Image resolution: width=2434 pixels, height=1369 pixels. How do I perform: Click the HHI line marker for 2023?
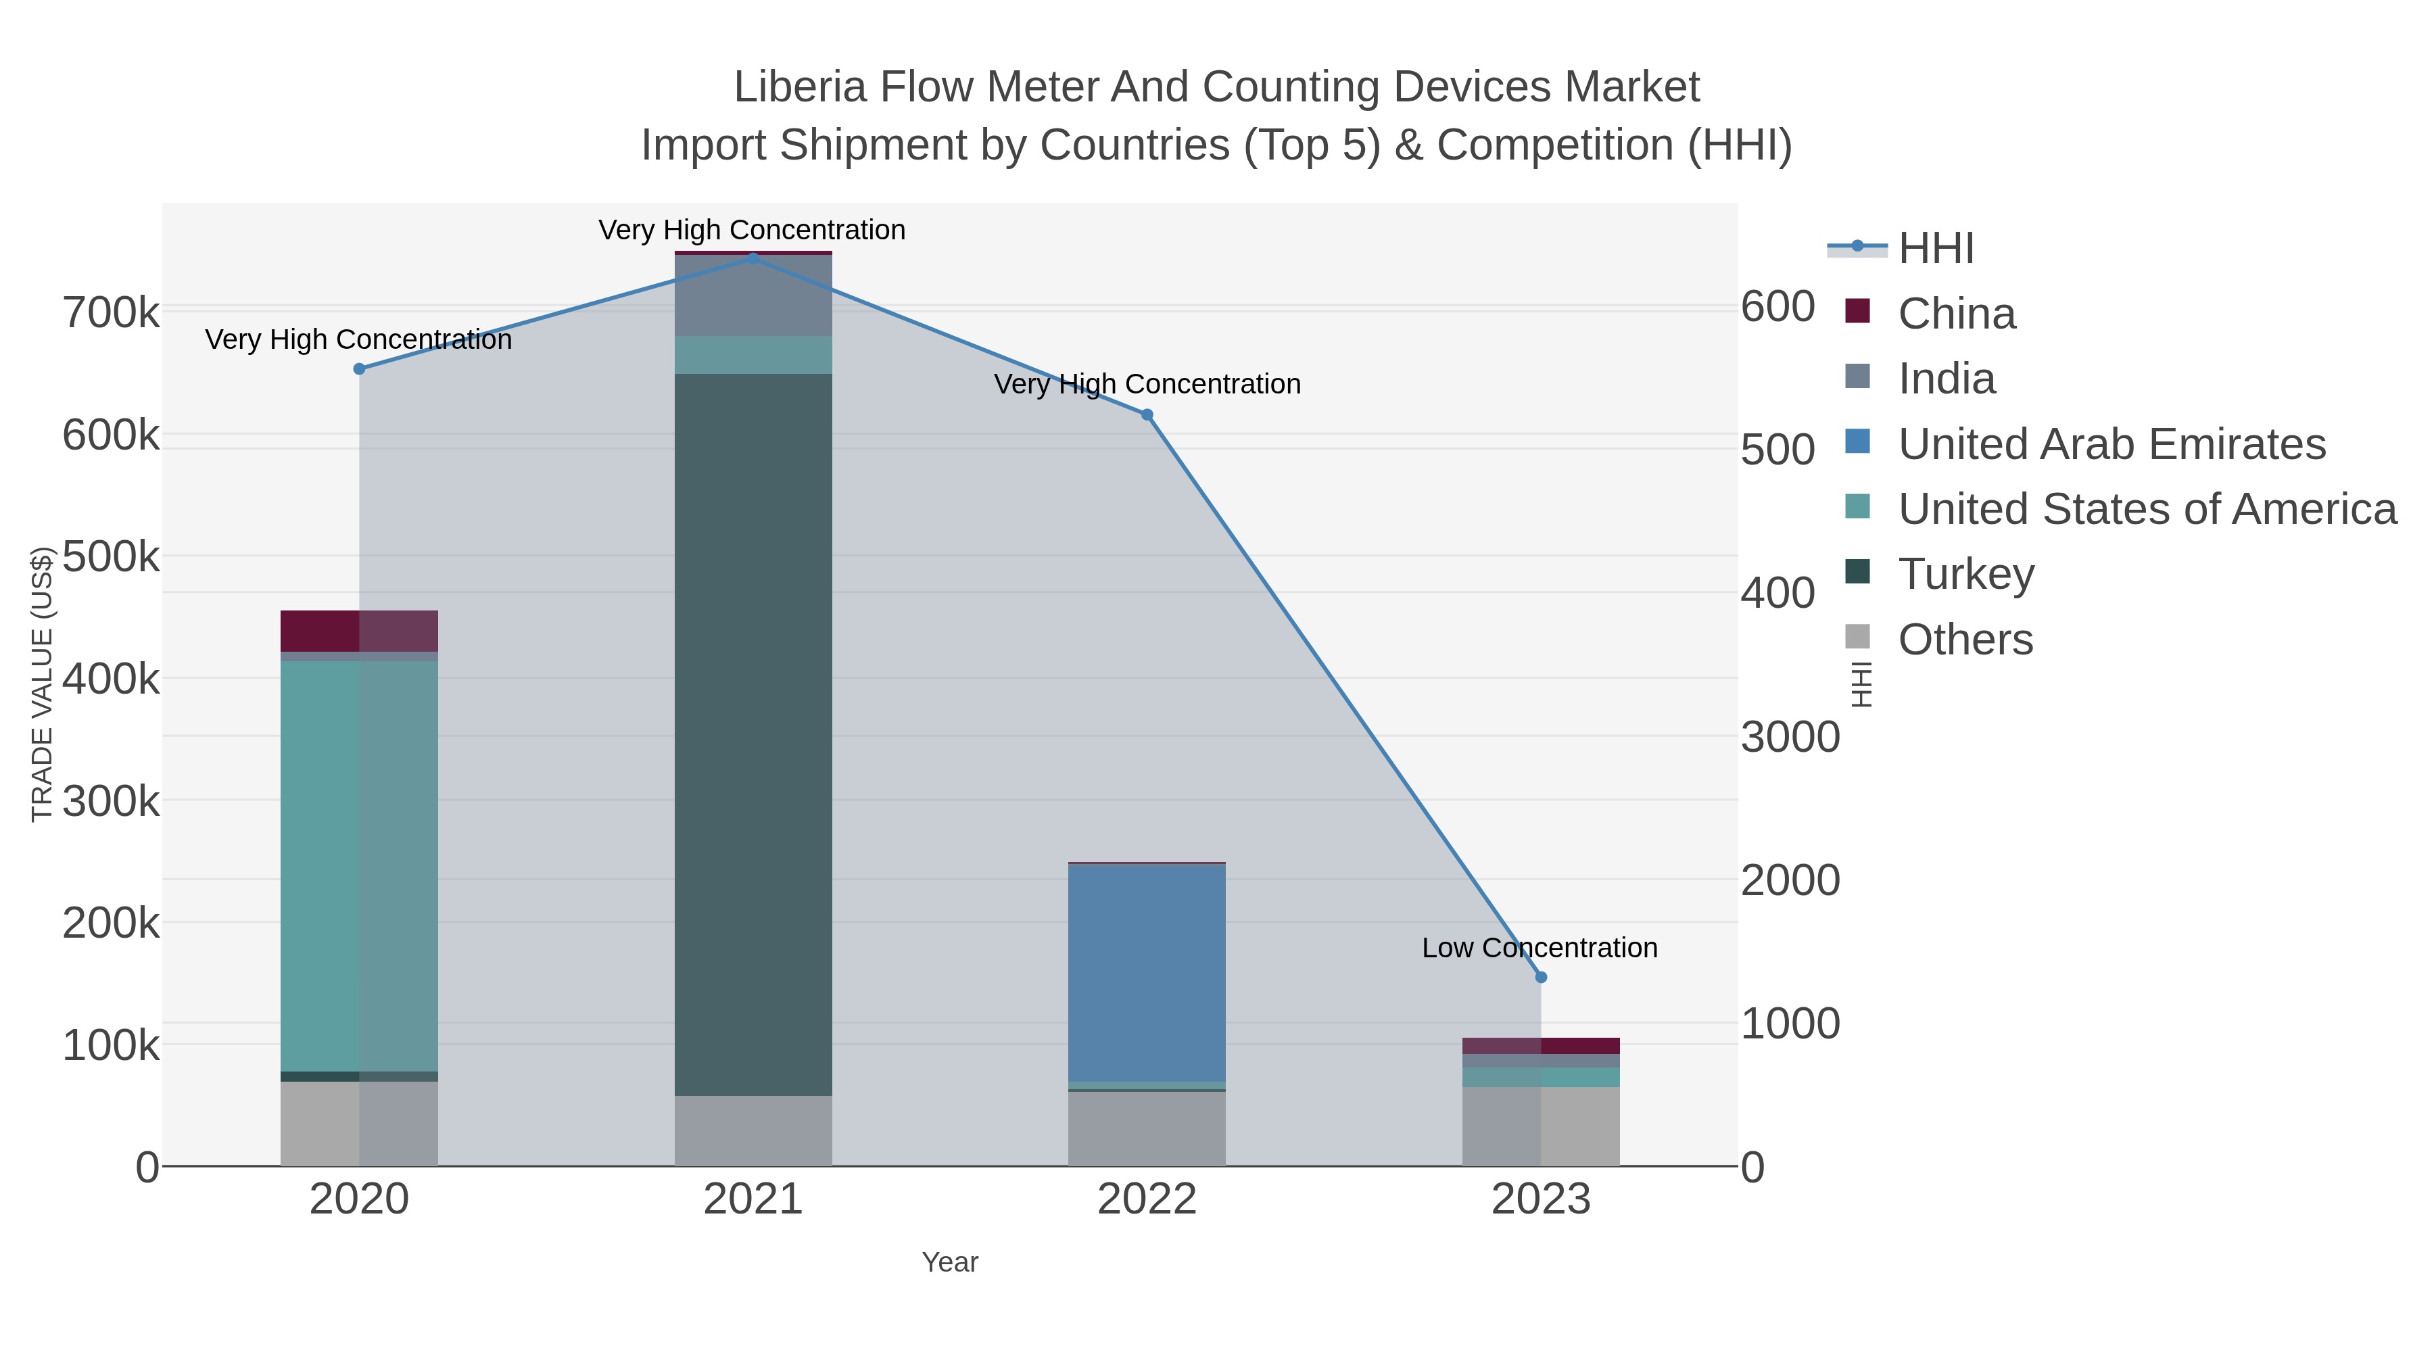pyautogui.click(x=1541, y=977)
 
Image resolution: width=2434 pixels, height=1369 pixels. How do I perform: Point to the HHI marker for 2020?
pyautogui.click(x=359, y=369)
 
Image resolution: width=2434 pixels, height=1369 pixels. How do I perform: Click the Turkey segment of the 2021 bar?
pyautogui.click(x=753, y=734)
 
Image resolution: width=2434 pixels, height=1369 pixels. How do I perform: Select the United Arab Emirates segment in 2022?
pyautogui.click(x=1147, y=972)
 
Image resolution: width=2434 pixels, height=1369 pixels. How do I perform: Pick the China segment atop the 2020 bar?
pyautogui.click(x=359, y=631)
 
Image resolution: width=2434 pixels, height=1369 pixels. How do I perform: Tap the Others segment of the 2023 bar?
pyautogui.click(x=1541, y=1126)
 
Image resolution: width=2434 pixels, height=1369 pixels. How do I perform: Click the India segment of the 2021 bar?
pyautogui.click(x=753, y=295)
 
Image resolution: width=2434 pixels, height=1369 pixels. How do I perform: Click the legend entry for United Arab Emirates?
pyautogui.click(x=2111, y=444)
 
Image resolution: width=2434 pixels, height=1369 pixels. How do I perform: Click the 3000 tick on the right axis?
pyautogui.click(x=1790, y=737)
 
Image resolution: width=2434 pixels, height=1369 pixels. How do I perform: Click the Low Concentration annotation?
pyautogui.click(x=1540, y=948)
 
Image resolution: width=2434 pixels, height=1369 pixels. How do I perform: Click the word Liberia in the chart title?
pyautogui.click(x=799, y=87)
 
